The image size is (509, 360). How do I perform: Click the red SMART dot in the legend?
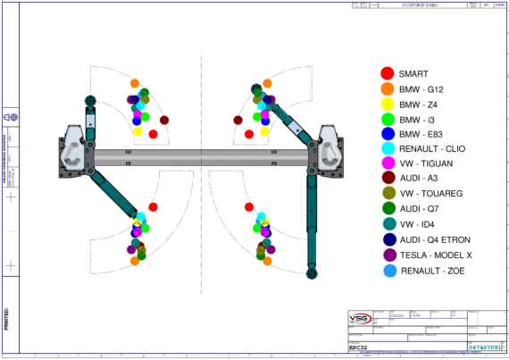click(387, 74)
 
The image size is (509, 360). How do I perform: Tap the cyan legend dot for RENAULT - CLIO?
click(387, 149)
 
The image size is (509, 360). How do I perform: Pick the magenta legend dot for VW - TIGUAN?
click(387, 164)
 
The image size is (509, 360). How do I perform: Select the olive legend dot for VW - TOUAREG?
click(387, 195)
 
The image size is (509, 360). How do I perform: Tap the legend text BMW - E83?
click(422, 134)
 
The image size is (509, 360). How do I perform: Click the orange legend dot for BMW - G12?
click(387, 89)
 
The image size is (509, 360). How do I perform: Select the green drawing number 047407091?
click(484, 346)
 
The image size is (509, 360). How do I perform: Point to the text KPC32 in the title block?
click(359, 346)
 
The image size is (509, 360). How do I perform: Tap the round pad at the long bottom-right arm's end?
click(313, 271)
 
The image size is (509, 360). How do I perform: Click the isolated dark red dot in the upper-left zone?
click(164, 120)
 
